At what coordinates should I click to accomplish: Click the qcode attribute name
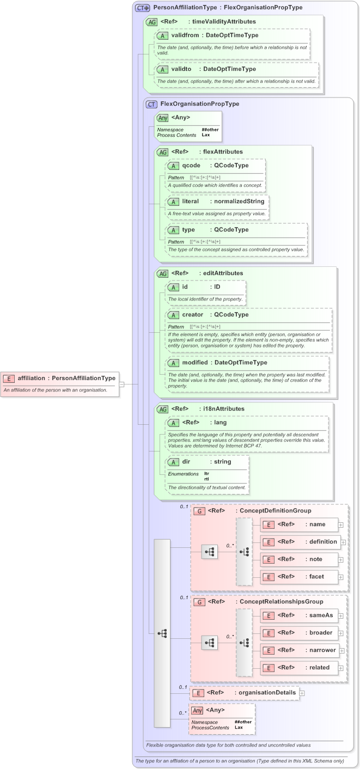click(191, 166)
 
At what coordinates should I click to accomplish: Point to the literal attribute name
click(191, 202)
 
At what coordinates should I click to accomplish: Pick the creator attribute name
click(192, 315)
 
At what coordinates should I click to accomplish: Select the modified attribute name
click(194, 362)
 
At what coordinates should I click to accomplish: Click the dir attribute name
click(186, 461)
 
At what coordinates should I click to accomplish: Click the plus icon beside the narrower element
click(343, 650)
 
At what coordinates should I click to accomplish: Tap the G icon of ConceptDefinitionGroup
click(199, 511)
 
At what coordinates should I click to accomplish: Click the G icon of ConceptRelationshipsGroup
click(199, 602)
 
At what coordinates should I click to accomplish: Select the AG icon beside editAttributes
click(162, 273)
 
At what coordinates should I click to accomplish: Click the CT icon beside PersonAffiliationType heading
click(143, 8)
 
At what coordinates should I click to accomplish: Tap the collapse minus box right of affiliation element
click(121, 384)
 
